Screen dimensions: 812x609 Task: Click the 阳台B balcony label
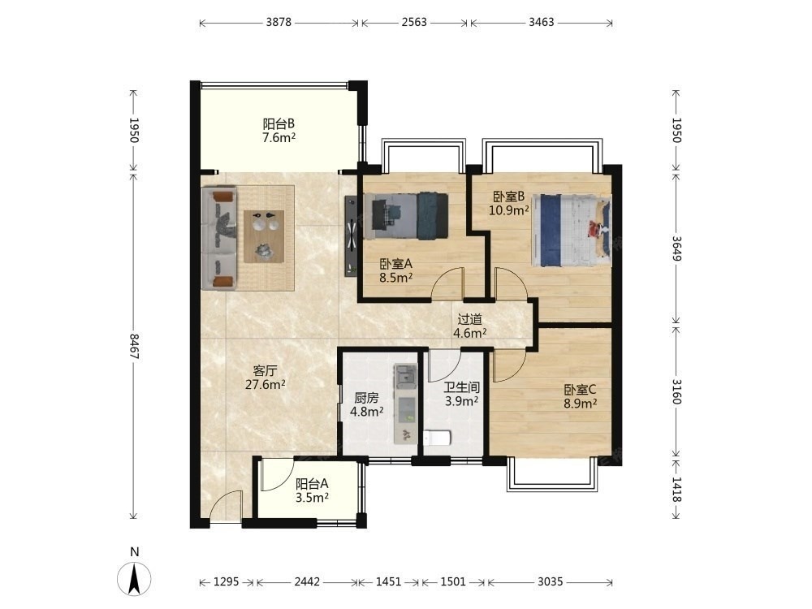coord(279,123)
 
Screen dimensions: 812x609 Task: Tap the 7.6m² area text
coord(279,138)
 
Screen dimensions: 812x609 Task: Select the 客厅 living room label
coord(266,371)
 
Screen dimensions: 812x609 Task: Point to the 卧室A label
coord(395,264)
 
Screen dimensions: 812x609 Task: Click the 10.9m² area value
coord(509,210)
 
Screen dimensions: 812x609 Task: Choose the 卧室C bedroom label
coord(580,390)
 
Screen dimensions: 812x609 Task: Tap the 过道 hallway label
coord(469,319)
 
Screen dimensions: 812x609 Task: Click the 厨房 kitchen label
coord(367,398)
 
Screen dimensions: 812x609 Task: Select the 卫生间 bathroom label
coord(461,387)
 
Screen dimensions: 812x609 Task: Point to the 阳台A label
coord(312,484)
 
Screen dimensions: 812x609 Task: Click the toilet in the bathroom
coord(437,438)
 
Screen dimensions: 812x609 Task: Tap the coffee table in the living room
coord(265,236)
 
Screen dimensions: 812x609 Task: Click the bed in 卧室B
coord(572,231)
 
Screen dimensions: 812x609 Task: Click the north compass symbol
coord(134,578)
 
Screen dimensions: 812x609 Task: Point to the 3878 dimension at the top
coord(279,22)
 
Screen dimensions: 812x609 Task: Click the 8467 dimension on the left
coord(134,347)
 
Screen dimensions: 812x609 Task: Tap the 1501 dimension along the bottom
coord(453,581)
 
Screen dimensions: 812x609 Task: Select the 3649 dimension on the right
coord(676,248)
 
